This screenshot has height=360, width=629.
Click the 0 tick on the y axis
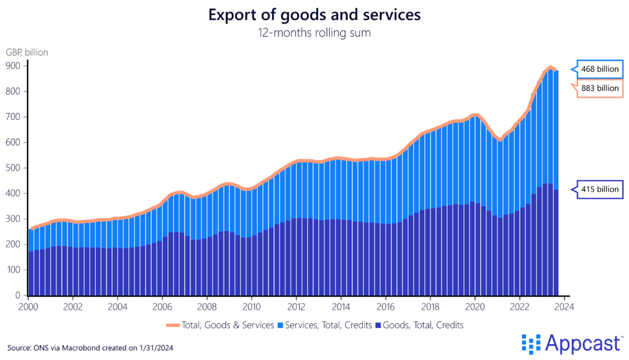coord(17,295)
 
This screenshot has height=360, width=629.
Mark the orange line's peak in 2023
coord(550,68)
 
